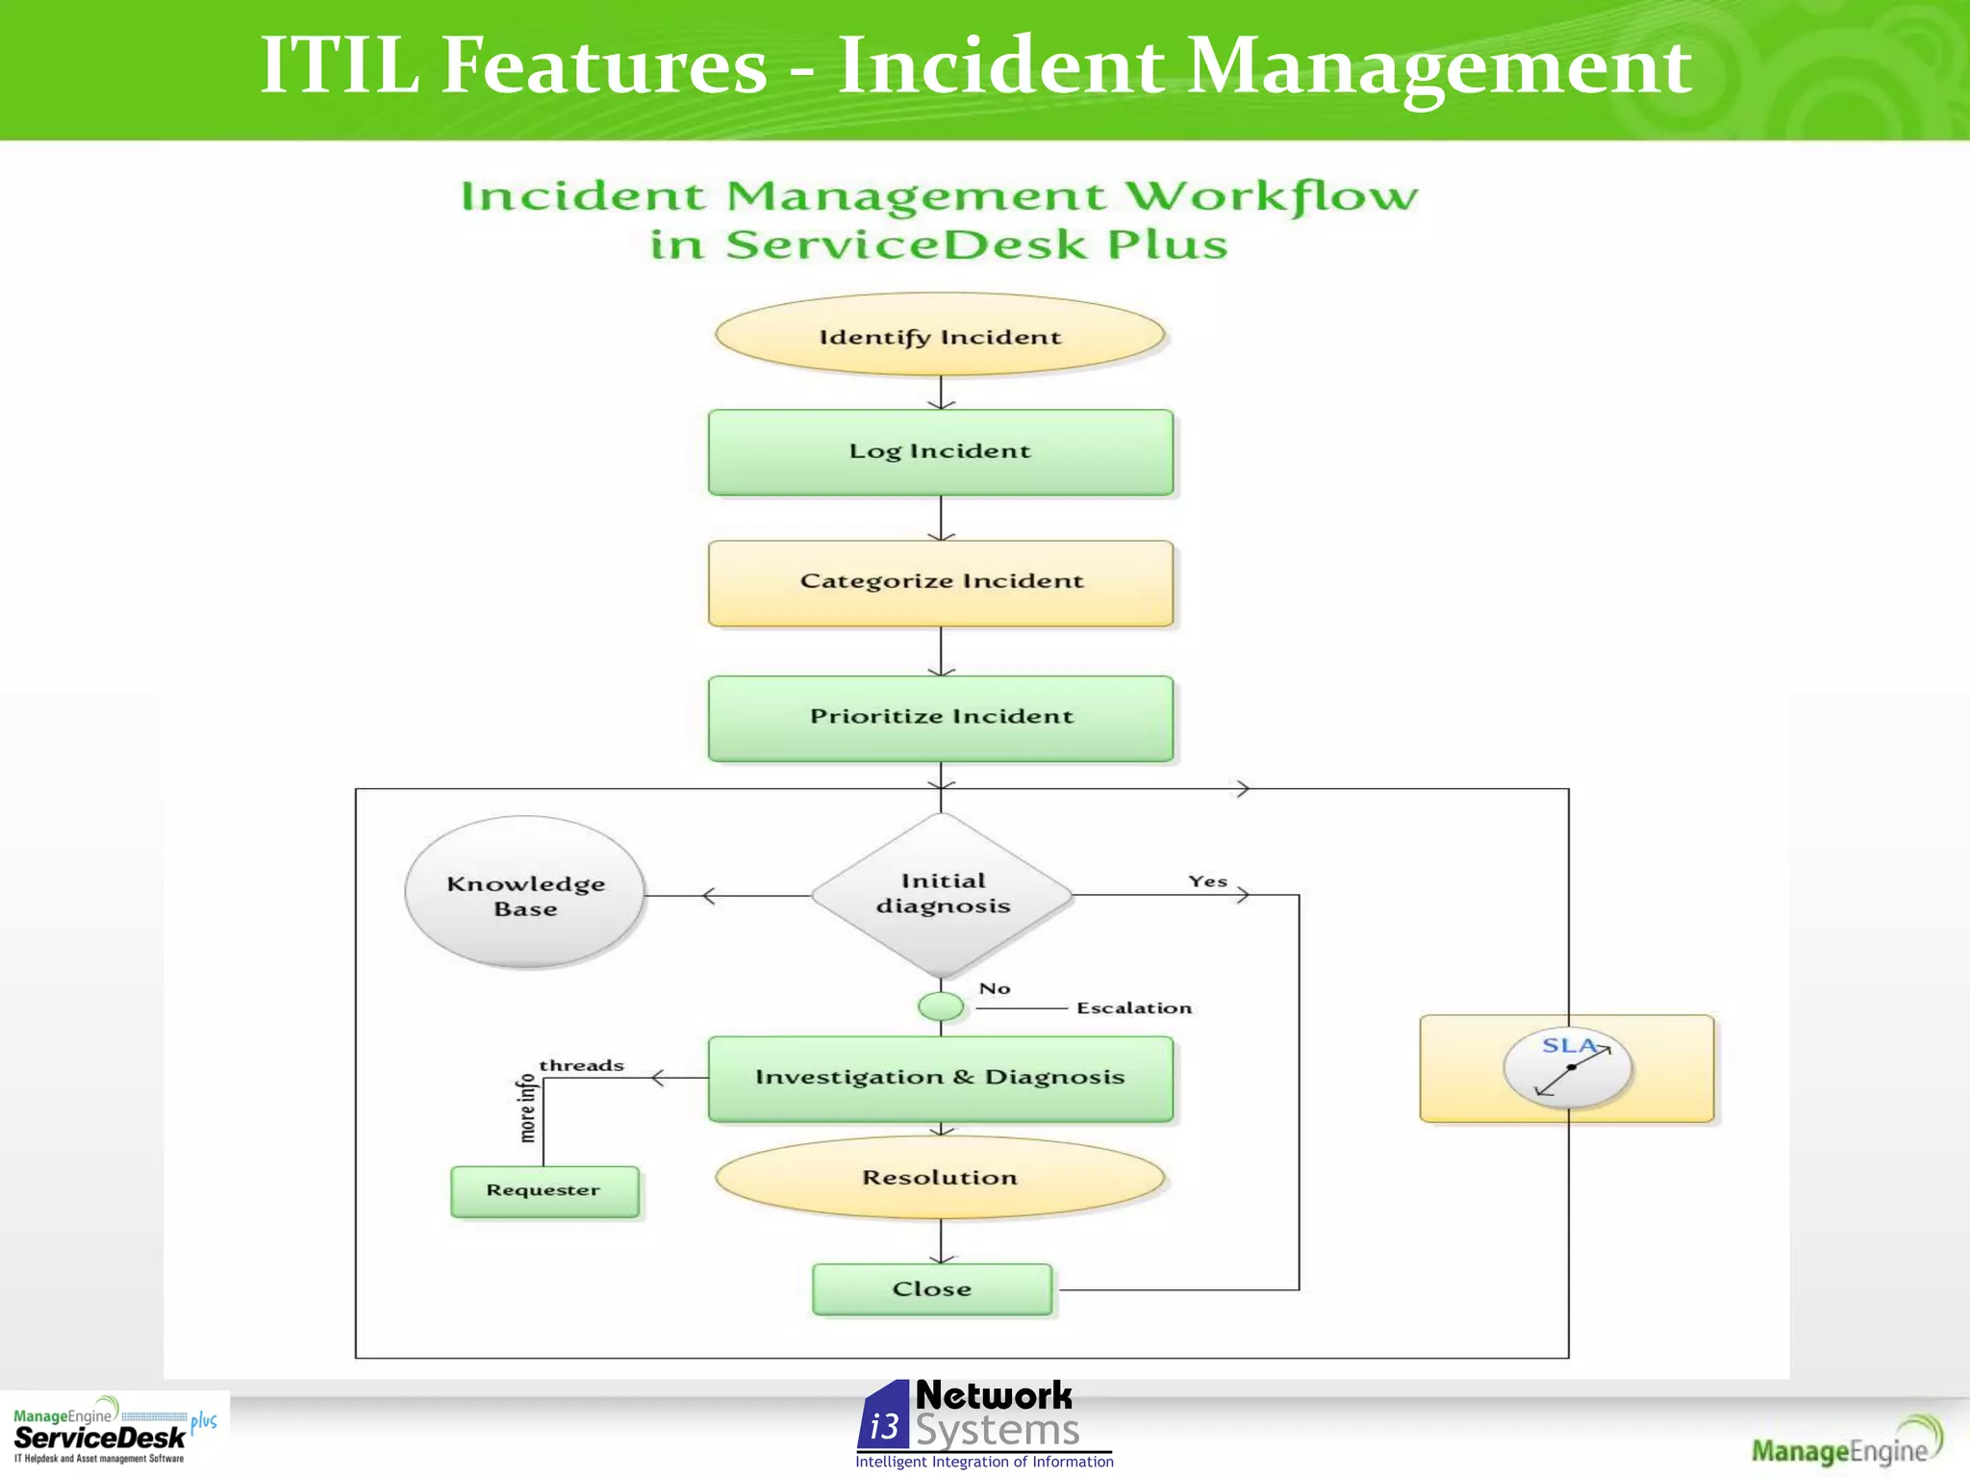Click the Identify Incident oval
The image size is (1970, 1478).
pos(940,336)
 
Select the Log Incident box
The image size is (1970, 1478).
pos(940,452)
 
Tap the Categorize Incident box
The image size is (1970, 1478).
pos(940,583)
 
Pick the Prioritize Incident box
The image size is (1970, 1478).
pos(940,718)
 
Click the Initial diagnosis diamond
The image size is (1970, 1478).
pos(942,894)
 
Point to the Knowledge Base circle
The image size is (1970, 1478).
pos(525,894)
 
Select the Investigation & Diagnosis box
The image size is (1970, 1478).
pos(940,1078)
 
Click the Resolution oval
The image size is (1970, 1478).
pos(940,1178)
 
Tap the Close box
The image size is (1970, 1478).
pos(932,1289)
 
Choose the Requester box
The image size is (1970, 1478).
pos(543,1191)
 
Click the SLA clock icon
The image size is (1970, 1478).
pos(1568,1068)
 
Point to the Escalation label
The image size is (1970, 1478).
pos(1134,1008)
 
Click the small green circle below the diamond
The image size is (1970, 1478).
pos(941,1007)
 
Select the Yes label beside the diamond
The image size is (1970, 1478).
pos(1207,881)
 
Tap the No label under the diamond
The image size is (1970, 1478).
pos(995,989)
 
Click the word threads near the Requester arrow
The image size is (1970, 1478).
pos(581,1065)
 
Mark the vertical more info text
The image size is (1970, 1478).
pos(527,1108)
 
